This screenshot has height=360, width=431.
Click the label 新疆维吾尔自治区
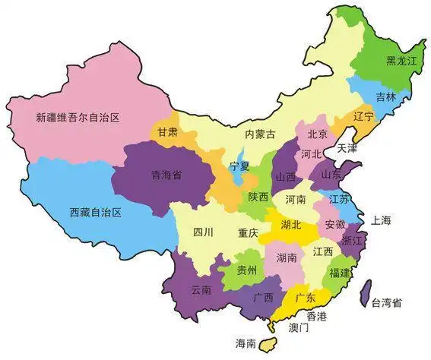click(x=80, y=118)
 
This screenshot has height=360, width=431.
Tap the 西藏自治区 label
click(x=96, y=213)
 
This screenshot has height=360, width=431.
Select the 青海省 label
click(x=165, y=173)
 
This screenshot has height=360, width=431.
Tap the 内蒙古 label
click(x=259, y=134)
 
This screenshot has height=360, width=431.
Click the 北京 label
click(x=317, y=134)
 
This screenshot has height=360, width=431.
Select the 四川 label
click(x=203, y=232)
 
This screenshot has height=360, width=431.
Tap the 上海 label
click(x=381, y=221)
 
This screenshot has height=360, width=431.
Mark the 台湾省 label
click(x=386, y=303)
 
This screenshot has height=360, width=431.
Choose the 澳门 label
click(x=299, y=328)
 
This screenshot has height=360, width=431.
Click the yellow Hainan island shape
click(x=266, y=343)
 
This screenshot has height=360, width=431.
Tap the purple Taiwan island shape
click(x=365, y=292)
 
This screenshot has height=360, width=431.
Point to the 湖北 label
click(x=291, y=225)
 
